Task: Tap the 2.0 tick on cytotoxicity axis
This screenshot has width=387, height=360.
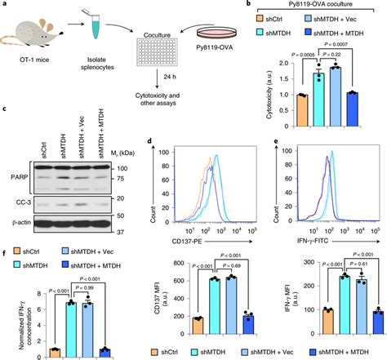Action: point(286,68)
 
